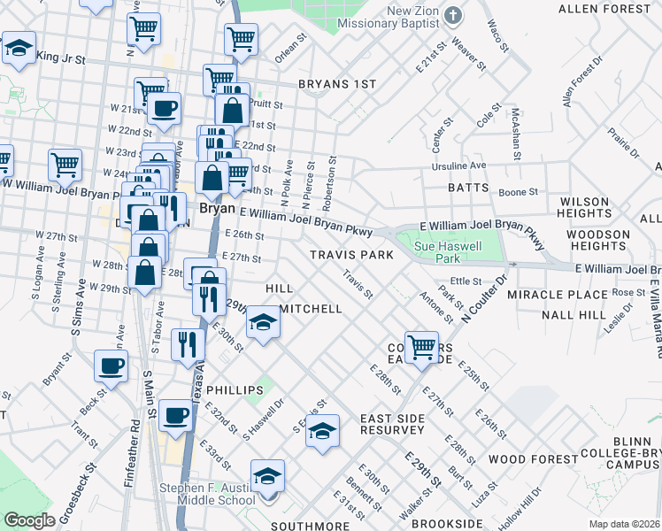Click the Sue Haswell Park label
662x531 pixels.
point(435,251)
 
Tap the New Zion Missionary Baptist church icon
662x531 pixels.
point(453,15)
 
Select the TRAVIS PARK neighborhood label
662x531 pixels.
point(351,255)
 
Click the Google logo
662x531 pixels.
point(28,520)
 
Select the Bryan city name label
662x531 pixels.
point(216,210)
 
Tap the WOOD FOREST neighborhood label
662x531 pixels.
point(520,458)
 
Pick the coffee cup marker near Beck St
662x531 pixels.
point(112,366)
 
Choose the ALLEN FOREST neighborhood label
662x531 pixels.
point(604,9)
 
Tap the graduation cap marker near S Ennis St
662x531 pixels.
point(323,432)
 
